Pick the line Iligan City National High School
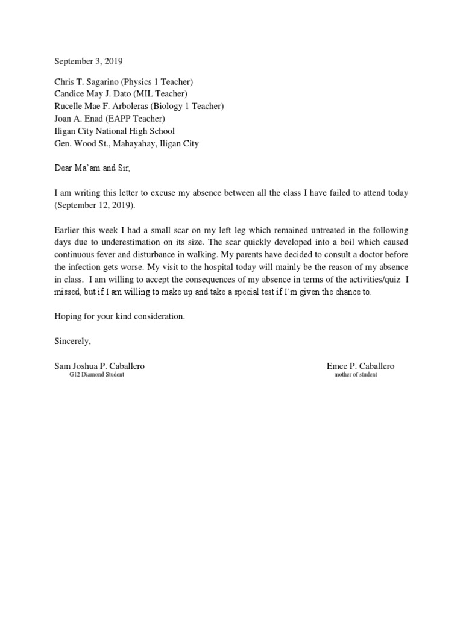click(115, 131)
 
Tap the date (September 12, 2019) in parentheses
click(95, 205)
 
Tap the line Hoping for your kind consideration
click(120, 316)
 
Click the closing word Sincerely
click(72, 341)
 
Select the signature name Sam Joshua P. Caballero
click(99, 366)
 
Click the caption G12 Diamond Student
click(97, 375)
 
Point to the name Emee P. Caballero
click(361, 366)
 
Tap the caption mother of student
click(356, 375)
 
